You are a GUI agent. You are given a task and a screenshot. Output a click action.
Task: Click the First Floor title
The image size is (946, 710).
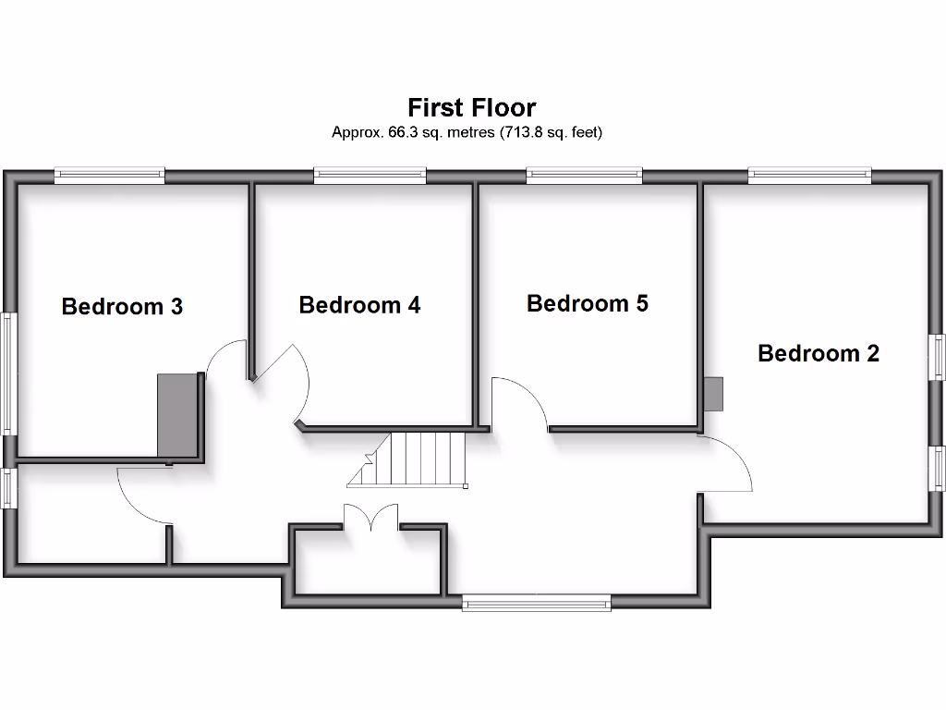pyautogui.click(x=471, y=107)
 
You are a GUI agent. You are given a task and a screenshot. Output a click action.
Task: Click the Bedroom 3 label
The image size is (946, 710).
pyautogui.click(x=122, y=306)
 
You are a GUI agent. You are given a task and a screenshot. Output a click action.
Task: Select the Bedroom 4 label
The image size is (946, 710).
pyautogui.click(x=359, y=304)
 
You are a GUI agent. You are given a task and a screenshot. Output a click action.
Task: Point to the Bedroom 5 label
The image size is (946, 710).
pyautogui.click(x=588, y=302)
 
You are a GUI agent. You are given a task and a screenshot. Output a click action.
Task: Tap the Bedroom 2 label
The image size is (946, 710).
pyautogui.click(x=818, y=352)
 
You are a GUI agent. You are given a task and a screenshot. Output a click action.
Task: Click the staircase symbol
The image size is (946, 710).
pyautogui.click(x=411, y=459)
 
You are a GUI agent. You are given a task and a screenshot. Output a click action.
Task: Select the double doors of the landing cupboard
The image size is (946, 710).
pyautogui.click(x=371, y=518)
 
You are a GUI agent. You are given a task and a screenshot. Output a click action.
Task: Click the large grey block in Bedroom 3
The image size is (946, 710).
pyautogui.click(x=179, y=416)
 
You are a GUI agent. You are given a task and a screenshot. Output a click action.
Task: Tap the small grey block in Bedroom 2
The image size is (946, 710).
pyautogui.click(x=713, y=394)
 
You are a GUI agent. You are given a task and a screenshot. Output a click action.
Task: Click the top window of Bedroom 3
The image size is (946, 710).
pyautogui.click(x=109, y=175)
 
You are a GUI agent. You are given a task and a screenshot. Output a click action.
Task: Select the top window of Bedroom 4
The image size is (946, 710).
pyautogui.click(x=370, y=175)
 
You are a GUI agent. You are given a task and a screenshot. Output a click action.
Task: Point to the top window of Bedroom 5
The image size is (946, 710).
pyautogui.click(x=584, y=175)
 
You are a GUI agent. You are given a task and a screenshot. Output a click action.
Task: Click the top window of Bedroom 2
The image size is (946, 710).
pyautogui.click(x=809, y=175)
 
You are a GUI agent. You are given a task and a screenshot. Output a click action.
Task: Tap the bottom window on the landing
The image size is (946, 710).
pyautogui.click(x=537, y=603)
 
